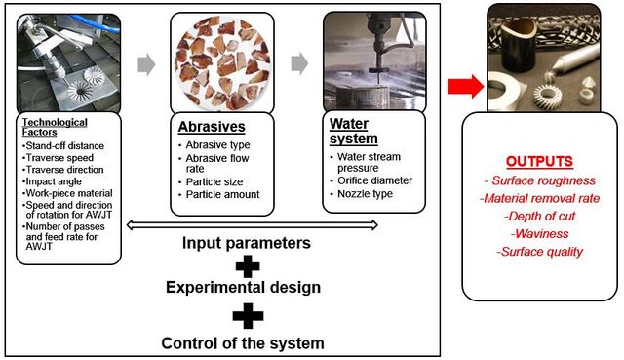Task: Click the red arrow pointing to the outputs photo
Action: [465, 86]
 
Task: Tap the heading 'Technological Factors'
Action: [55, 127]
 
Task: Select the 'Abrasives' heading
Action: [212, 127]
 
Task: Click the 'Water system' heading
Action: [353, 131]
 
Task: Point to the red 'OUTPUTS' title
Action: [539, 161]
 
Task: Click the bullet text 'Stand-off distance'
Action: [65, 146]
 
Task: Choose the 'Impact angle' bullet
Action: [54, 181]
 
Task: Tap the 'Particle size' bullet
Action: [214, 182]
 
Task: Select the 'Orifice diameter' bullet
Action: [374, 180]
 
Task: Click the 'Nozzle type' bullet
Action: [365, 194]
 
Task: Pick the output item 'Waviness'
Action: [540, 233]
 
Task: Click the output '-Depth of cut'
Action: [539, 217]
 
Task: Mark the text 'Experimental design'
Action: [243, 287]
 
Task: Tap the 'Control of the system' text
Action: [243, 343]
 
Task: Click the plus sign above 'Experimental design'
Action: [248, 266]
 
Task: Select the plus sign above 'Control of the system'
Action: [248, 316]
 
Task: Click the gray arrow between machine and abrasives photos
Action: [146, 64]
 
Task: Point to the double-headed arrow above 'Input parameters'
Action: [252, 225]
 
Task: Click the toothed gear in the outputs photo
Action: [548, 96]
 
